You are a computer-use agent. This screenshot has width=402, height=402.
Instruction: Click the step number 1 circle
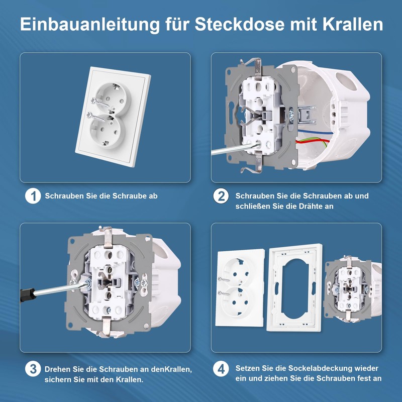point(33,196)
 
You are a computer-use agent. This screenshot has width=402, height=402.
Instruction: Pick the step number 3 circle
point(33,369)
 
